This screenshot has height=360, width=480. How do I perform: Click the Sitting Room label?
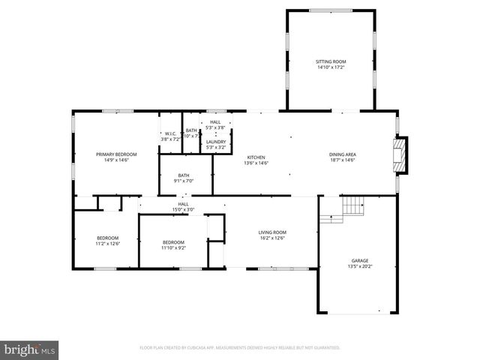pyautogui.click(x=331, y=61)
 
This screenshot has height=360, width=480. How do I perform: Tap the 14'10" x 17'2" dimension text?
pyautogui.click(x=331, y=67)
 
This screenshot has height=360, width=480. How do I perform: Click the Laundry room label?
pyautogui.click(x=216, y=142)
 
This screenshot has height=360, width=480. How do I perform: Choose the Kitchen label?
pyautogui.click(x=256, y=157)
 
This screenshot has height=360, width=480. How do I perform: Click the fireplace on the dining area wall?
pyautogui.click(x=403, y=153)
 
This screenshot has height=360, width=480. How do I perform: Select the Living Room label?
pyautogui.click(x=273, y=232)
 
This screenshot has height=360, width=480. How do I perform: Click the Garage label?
pyautogui.click(x=359, y=260)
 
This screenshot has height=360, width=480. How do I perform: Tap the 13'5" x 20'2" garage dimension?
pyautogui.click(x=359, y=266)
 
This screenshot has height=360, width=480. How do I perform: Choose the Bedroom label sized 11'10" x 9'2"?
pyautogui.click(x=173, y=242)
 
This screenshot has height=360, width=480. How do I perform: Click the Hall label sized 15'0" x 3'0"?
pyautogui.click(x=182, y=204)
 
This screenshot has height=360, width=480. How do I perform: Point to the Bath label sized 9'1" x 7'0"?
pyautogui.click(x=184, y=175)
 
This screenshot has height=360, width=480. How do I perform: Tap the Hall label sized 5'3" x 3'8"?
pyautogui.click(x=215, y=121)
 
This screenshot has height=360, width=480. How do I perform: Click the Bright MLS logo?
pyautogui.click(x=30, y=349)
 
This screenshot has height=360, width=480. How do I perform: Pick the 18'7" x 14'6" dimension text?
pyautogui.click(x=341, y=160)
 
